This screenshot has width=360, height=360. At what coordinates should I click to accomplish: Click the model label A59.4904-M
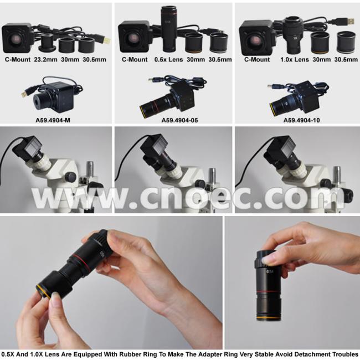(53, 120)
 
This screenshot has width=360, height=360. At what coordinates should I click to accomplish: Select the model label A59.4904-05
(179, 120)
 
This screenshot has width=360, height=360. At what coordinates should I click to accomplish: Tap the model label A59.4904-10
(301, 120)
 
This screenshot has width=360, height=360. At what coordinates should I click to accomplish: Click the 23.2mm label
(45, 59)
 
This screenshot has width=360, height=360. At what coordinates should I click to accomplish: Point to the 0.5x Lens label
(168, 59)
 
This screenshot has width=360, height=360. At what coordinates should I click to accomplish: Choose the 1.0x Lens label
(295, 59)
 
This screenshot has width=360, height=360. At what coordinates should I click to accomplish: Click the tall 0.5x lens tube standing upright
(169, 29)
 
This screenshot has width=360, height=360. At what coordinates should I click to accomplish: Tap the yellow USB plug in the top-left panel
(106, 40)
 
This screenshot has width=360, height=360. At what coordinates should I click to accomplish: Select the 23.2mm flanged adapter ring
(47, 43)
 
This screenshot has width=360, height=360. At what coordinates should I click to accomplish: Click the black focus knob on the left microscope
(70, 177)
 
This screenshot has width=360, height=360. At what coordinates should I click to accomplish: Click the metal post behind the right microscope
(337, 174)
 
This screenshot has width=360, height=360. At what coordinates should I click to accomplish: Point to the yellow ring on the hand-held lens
(43, 291)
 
